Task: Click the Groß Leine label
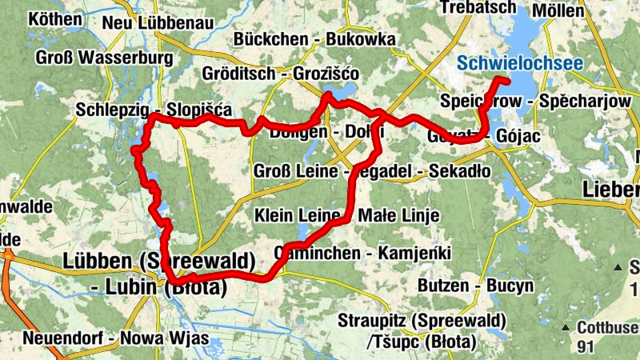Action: (298, 171)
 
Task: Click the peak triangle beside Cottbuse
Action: (566, 327)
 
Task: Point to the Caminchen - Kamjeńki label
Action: (362, 253)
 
